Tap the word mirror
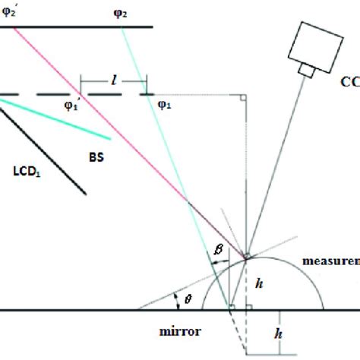coord(196,332)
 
